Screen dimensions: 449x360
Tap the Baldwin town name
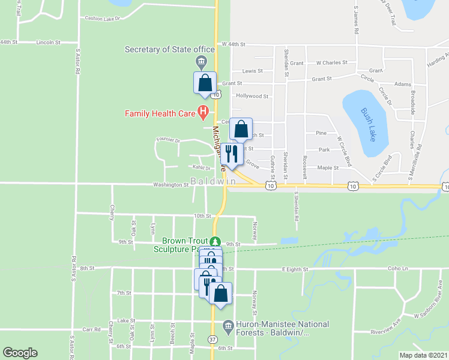coord(213,181)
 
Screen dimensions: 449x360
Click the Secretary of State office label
coord(170,49)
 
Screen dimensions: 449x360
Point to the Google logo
coord(20,353)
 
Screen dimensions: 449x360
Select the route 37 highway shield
coord(213,340)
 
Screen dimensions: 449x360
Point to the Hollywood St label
coord(252,96)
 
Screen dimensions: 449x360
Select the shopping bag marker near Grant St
coord(204,82)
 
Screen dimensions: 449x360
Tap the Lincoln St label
coord(49,43)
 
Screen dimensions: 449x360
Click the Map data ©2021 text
coord(423,355)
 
